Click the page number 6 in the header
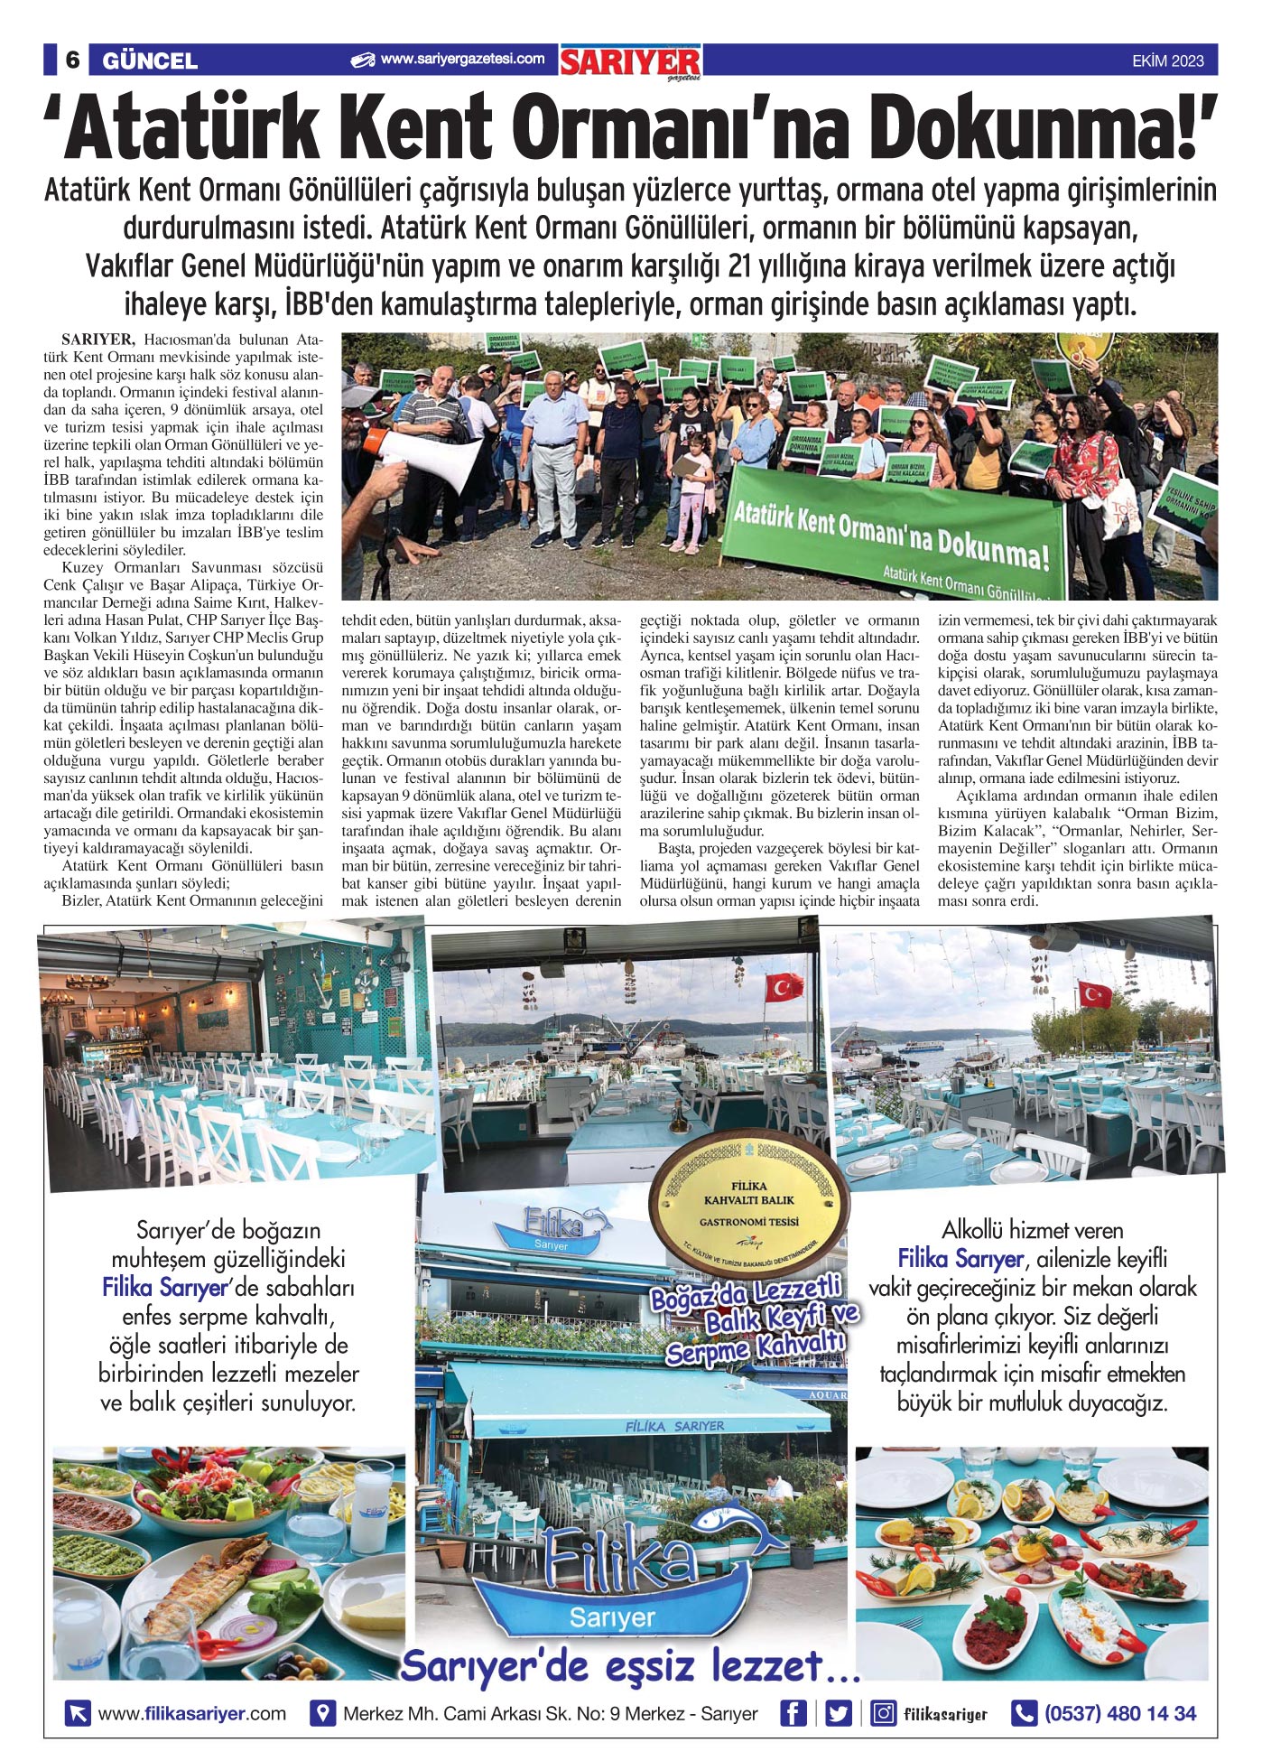72,61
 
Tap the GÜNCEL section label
150,61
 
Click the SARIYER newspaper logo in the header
629,62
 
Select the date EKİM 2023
1167,61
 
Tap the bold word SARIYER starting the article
98,340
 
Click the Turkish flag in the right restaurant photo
1095,994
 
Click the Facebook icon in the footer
793,1713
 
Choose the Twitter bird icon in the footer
839,1713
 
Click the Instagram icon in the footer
883,1713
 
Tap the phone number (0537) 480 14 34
1119,1713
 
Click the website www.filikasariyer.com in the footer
191,1713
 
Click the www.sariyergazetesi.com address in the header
462,60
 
